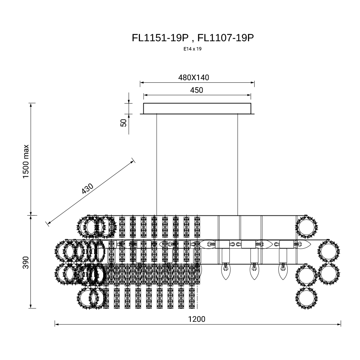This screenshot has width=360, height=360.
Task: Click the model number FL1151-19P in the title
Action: click(160, 38)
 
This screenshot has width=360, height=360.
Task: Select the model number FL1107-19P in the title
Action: click(226, 38)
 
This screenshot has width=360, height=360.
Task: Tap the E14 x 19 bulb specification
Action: click(192, 49)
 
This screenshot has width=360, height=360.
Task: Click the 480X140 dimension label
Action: click(193, 78)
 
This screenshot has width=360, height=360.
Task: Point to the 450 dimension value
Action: click(197, 90)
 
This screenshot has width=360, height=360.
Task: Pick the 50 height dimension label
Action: click(124, 123)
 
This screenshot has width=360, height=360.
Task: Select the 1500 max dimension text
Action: click(26, 161)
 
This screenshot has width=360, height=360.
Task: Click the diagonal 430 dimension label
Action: click(87, 189)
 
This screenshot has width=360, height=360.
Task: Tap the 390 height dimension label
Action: click(26, 262)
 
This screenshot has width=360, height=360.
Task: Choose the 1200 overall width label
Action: click(197, 319)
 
